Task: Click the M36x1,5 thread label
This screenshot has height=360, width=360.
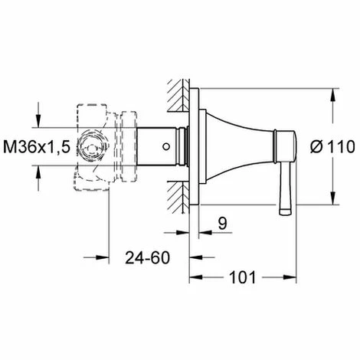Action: click(37, 147)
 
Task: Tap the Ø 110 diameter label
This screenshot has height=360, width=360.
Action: click(332, 147)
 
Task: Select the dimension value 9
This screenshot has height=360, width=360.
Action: click(222, 223)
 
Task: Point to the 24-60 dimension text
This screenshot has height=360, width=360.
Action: click(147, 257)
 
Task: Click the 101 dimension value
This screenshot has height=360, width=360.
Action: click(243, 277)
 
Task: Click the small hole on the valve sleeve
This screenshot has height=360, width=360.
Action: click(166, 147)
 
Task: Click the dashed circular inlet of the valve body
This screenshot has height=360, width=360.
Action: click(91, 147)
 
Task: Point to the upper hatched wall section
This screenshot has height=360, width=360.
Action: click(178, 96)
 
